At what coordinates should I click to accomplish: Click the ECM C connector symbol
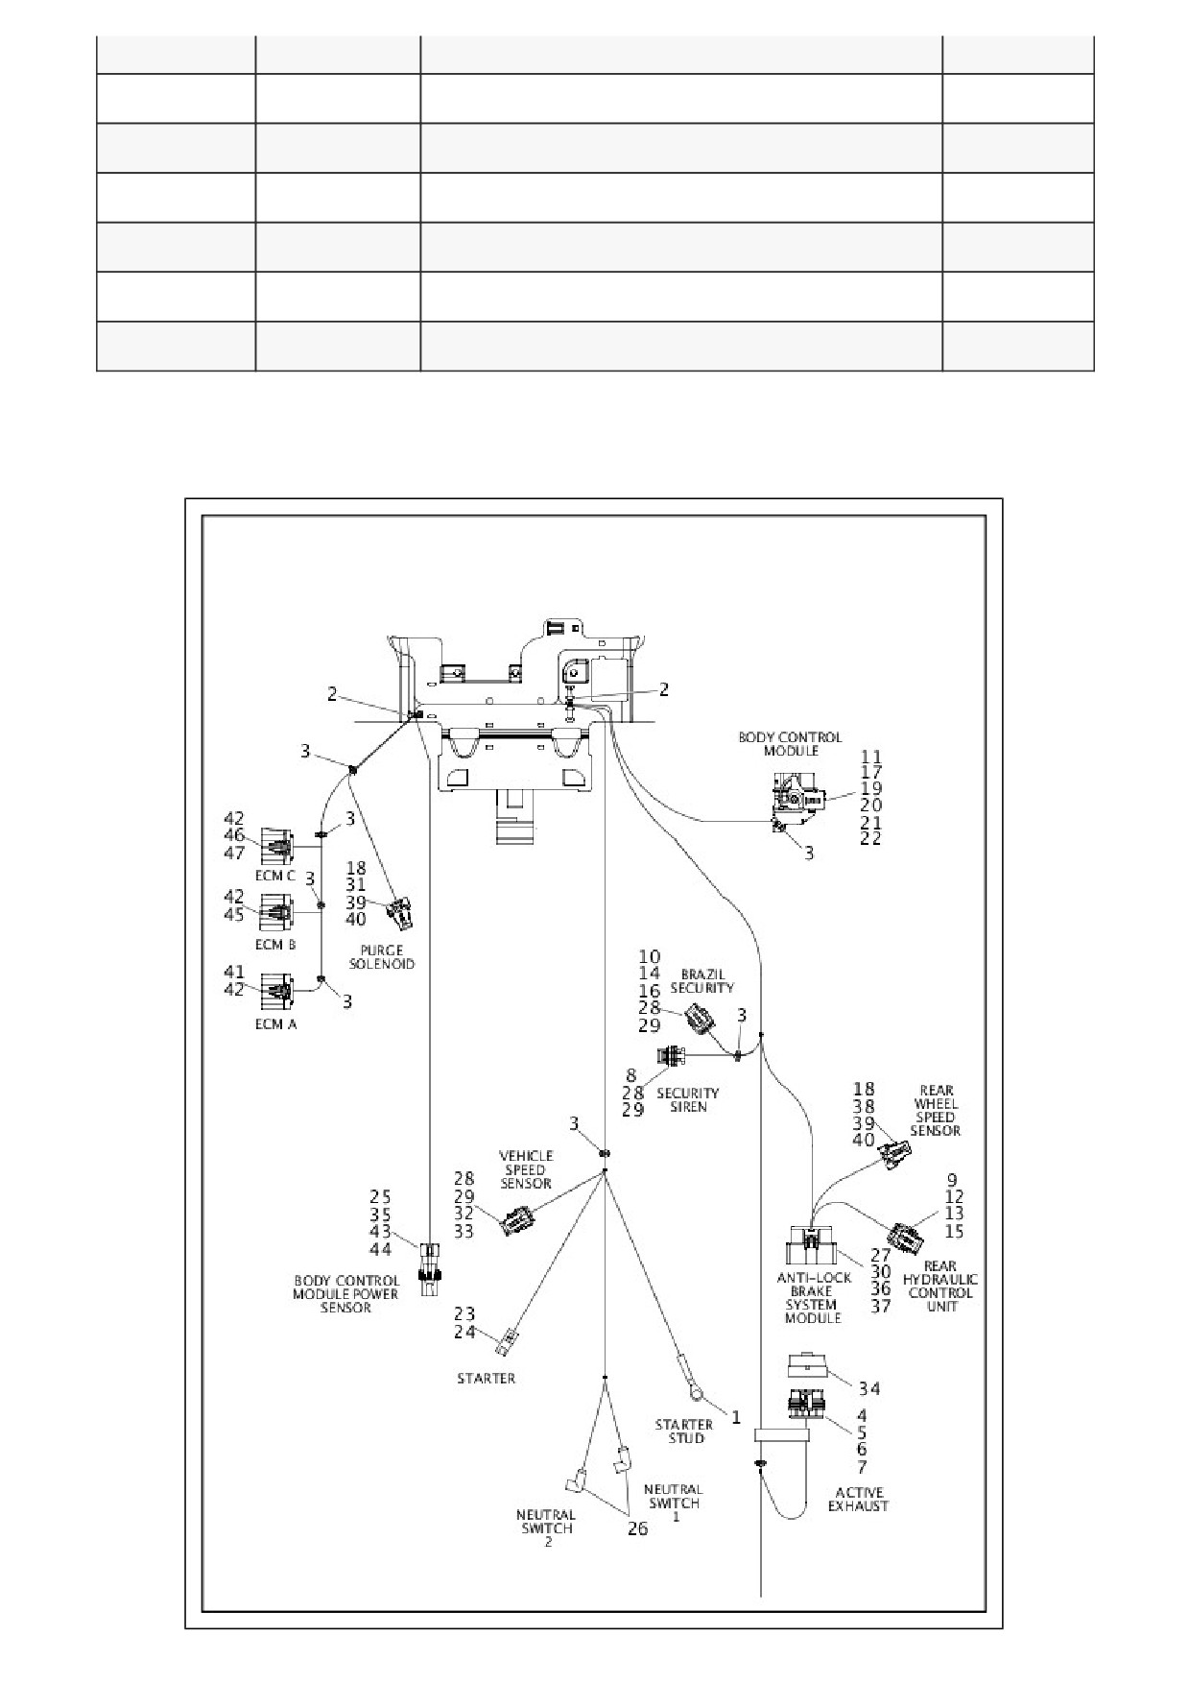pyautogui.click(x=276, y=847)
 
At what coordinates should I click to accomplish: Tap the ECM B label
pyautogui.click(x=275, y=945)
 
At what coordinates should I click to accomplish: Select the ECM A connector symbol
pyautogui.click(x=276, y=989)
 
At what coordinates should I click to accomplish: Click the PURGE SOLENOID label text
pyautogui.click(x=382, y=957)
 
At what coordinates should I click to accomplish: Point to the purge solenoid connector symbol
pyautogui.click(x=401, y=913)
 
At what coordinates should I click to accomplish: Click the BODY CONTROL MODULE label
pyautogui.click(x=776, y=744)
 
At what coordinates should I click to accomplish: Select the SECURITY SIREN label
pyautogui.click(x=688, y=1099)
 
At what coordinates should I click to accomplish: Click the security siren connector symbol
pyautogui.click(x=673, y=1056)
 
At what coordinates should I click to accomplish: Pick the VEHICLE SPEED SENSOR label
pyautogui.click(x=525, y=1169)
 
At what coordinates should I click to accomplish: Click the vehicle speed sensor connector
pyautogui.click(x=517, y=1220)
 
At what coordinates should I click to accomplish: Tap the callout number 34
pyautogui.click(x=869, y=1389)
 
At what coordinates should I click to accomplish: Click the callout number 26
pyautogui.click(x=637, y=1528)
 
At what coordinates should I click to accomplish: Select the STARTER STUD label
pyautogui.click(x=684, y=1431)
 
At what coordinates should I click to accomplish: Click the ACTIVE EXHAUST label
pyautogui.click(x=859, y=1499)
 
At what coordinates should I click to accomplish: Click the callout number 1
pyautogui.click(x=736, y=1416)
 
